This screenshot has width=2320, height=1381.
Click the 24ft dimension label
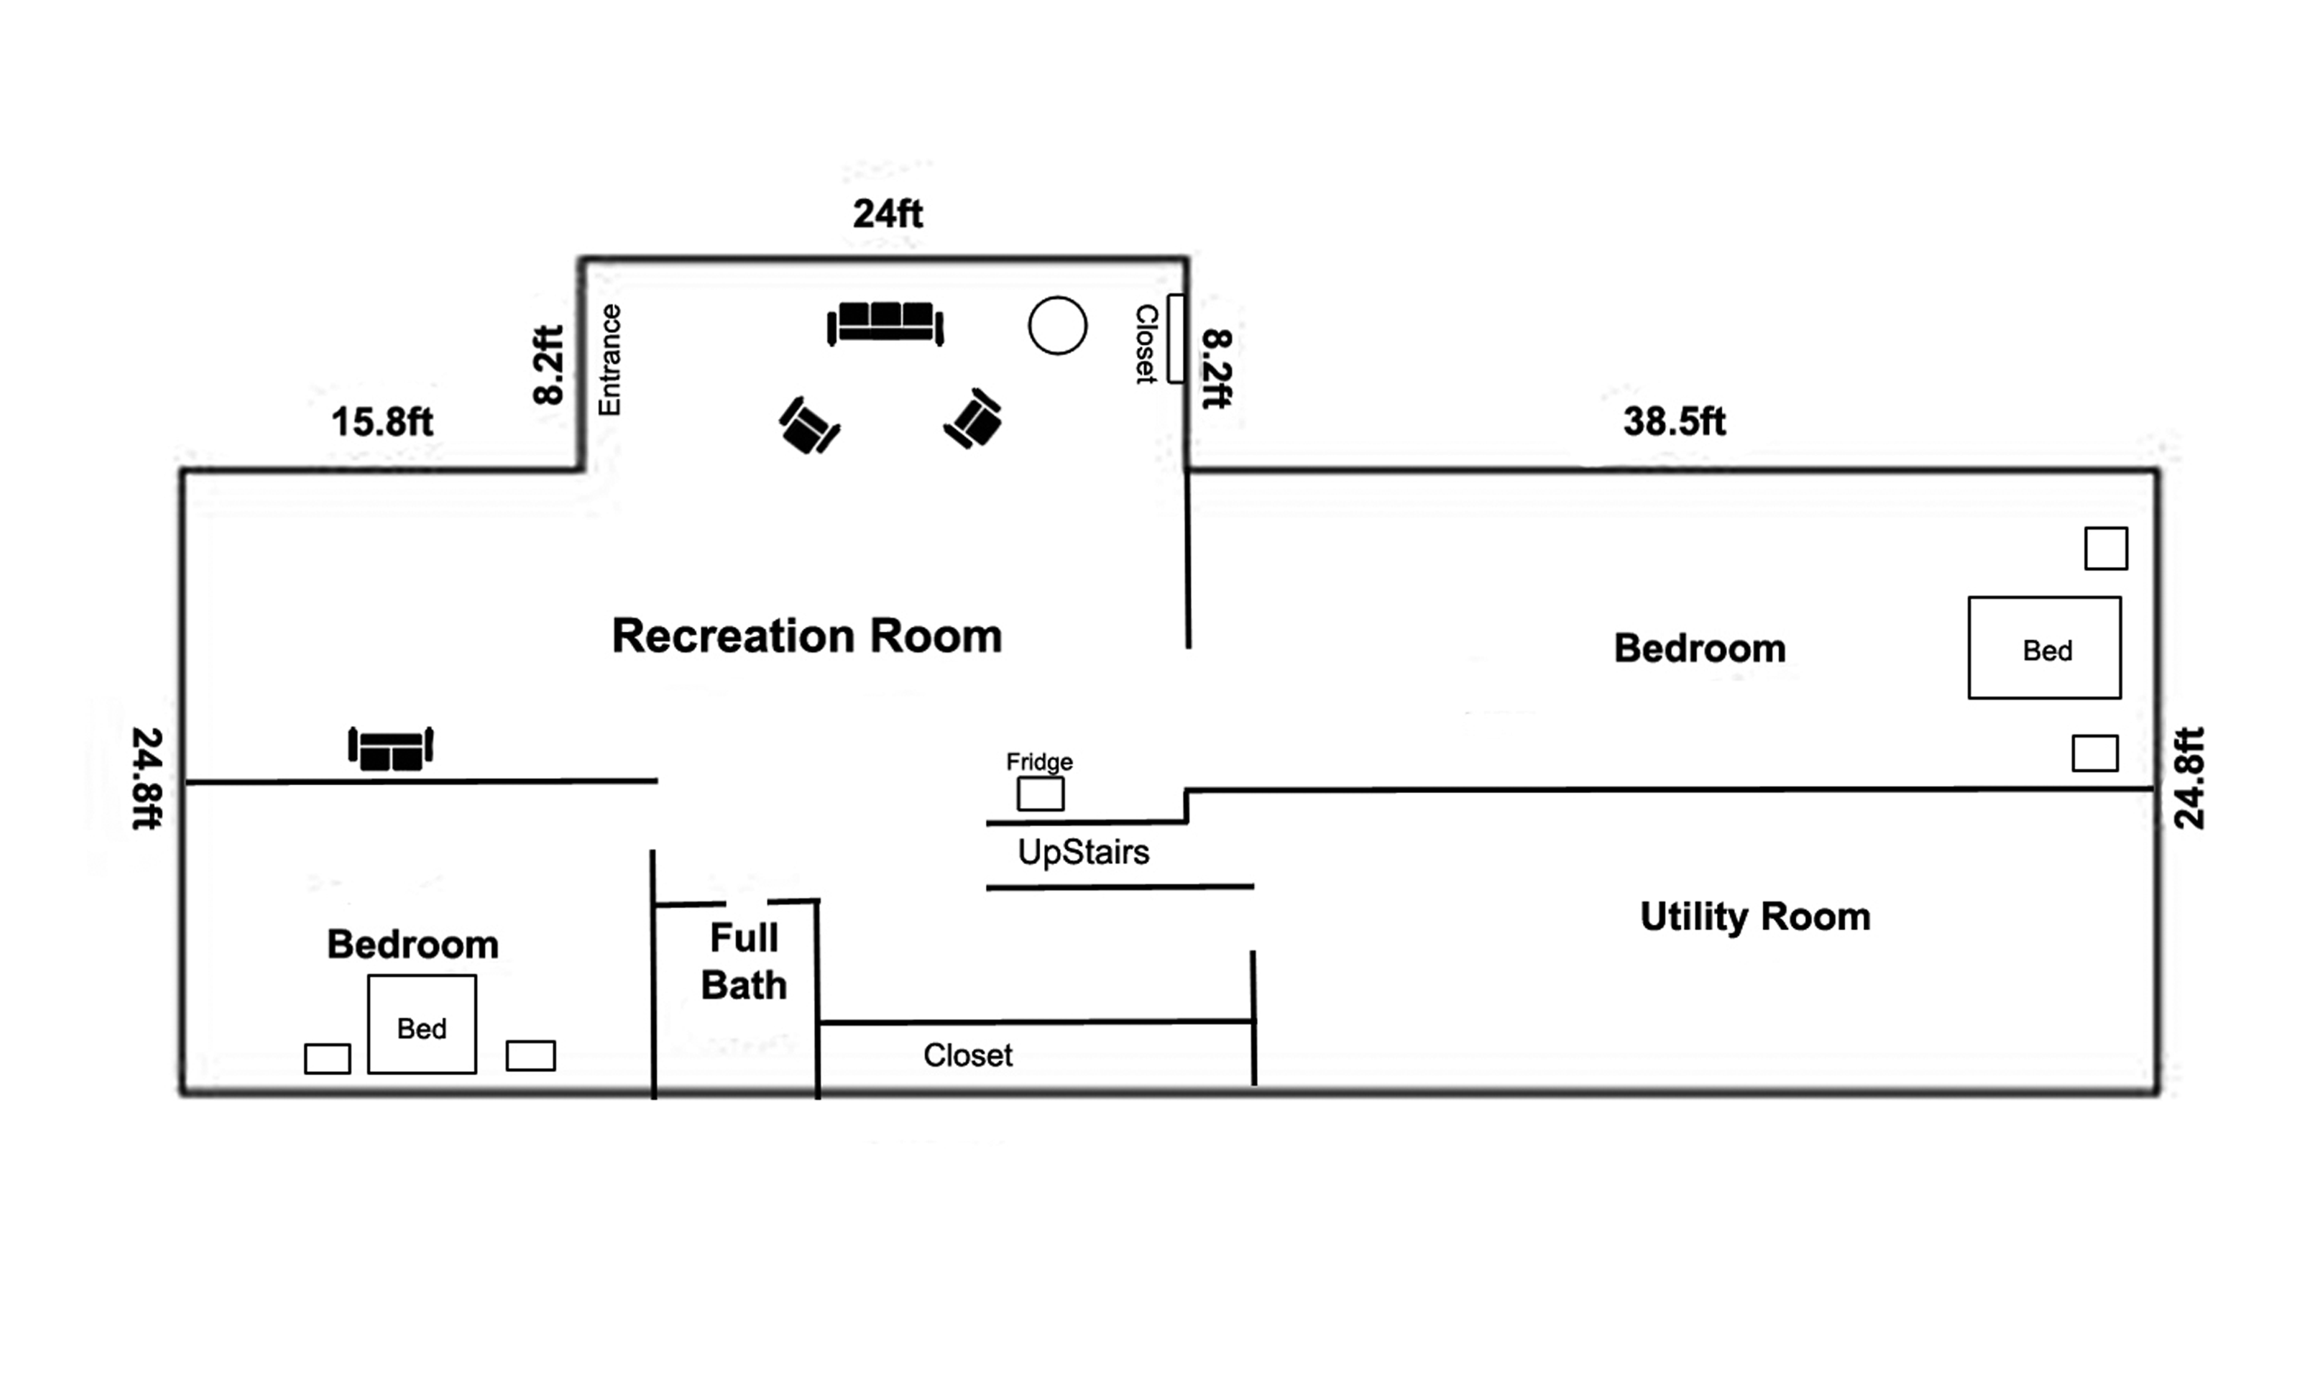coord(887,214)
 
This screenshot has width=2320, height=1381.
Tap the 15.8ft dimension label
coord(382,422)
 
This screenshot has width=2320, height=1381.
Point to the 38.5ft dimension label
coord(1673,422)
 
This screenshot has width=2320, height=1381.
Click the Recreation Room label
coord(806,637)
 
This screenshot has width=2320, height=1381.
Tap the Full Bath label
coord(744,961)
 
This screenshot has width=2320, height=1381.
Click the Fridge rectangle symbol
coord(1039,794)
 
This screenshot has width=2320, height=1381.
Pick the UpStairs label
coord(1083,852)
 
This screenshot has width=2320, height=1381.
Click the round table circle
coord(1057,326)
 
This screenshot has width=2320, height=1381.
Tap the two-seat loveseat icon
coord(391,748)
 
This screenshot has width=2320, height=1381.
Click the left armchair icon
coord(808,426)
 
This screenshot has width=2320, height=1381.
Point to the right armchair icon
coord(974,419)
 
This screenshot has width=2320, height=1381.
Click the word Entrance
coord(609,360)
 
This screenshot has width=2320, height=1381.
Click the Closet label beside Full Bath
coord(967,1055)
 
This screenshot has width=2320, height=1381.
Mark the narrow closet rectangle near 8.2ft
coord(1176,338)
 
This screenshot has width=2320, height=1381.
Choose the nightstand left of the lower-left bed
coord(327,1059)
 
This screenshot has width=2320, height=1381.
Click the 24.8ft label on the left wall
coord(147,777)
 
